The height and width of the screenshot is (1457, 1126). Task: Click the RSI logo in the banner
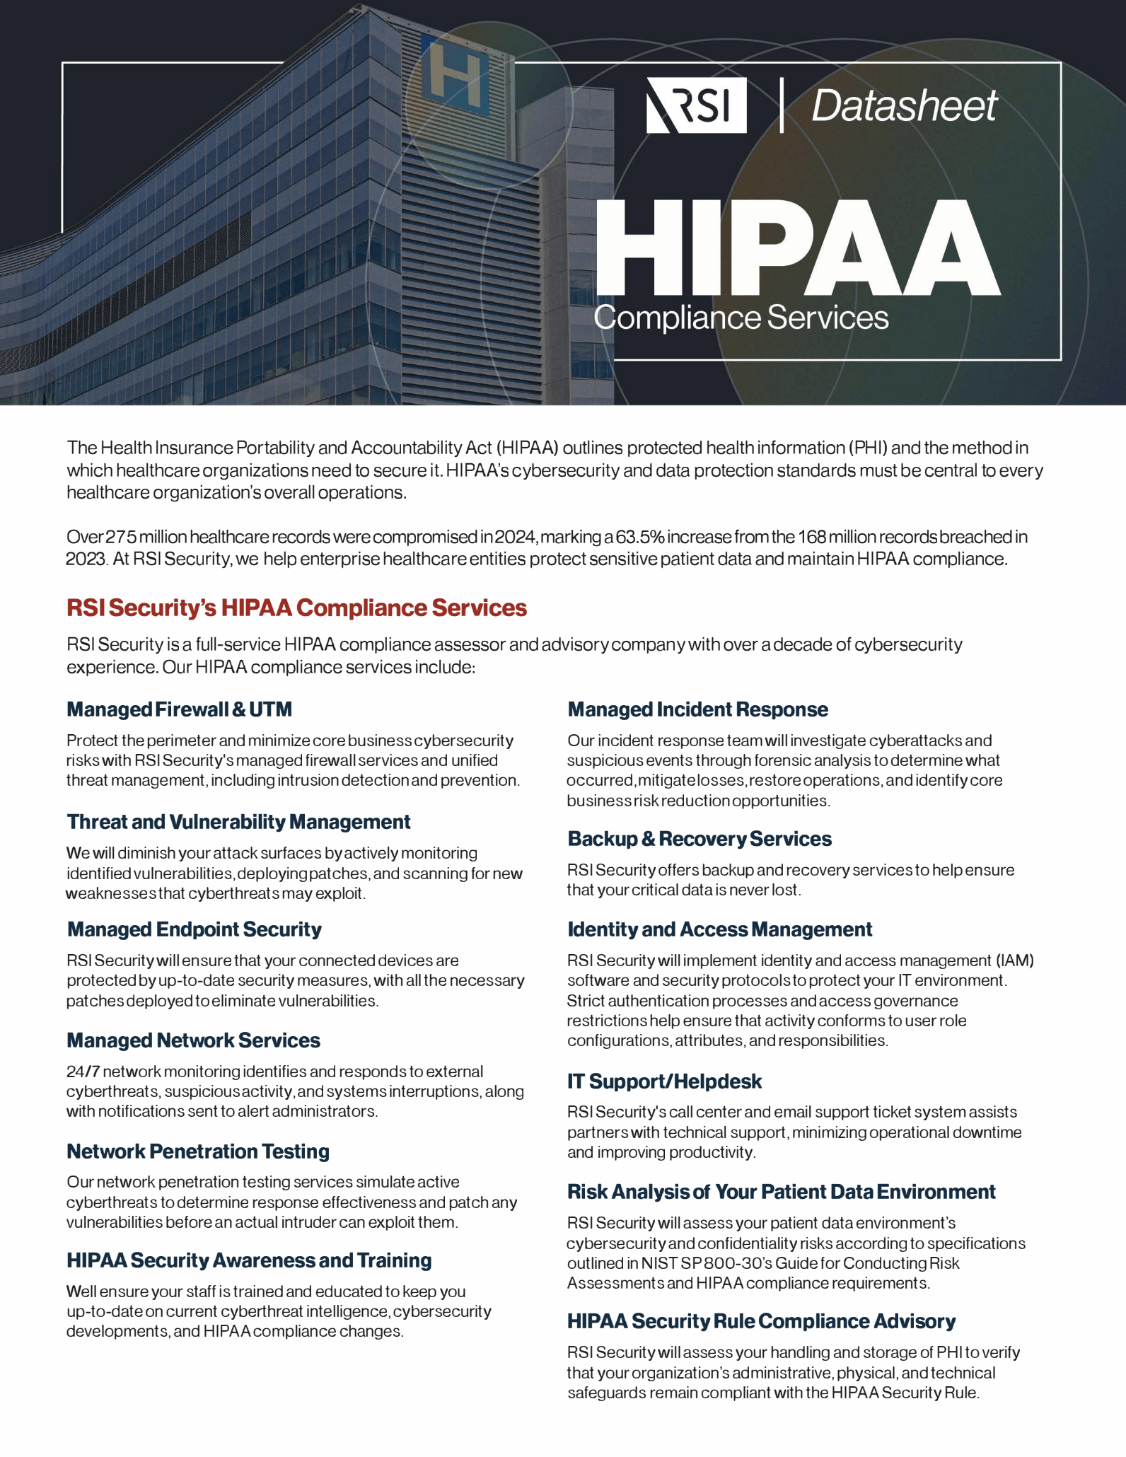pyautogui.click(x=696, y=105)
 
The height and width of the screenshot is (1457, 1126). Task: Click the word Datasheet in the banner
pyautogui.click(x=904, y=106)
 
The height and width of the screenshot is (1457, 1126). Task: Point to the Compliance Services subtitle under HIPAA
pyautogui.click(x=741, y=318)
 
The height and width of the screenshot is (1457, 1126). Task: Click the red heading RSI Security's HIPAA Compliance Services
pyautogui.click(x=296, y=608)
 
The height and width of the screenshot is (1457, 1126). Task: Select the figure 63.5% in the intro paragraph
pyautogui.click(x=640, y=537)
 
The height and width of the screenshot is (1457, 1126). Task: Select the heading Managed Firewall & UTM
pyautogui.click(x=179, y=709)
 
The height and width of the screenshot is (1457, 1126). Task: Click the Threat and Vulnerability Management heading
pyautogui.click(x=238, y=822)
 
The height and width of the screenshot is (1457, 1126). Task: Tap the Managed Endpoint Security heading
pyautogui.click(x=194, y=929)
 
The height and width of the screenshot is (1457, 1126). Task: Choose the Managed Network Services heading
pyautogui.click(x=193, y=1040)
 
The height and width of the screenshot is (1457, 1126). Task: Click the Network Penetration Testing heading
pyautogui.click(x=198, y=1151)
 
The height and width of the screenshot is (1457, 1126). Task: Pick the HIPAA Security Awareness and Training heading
pyautogui.click(x=249, y=1260)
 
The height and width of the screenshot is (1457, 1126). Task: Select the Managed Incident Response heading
pyautogui.click(x=697, y=709)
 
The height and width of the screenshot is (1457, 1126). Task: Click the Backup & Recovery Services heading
pyautogui.click(x=700, y=839)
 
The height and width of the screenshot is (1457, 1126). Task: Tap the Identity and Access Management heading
pyautogui.click(x=719, y=929)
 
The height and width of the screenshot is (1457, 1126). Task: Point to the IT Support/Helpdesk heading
pyautogui.click(x=664, y=1081)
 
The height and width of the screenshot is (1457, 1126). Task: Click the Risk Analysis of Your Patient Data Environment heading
pyautogui.click(x=781, y=1192)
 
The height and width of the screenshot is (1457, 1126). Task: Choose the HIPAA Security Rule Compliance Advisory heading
pyautogui.click(x=761, y=1321)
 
